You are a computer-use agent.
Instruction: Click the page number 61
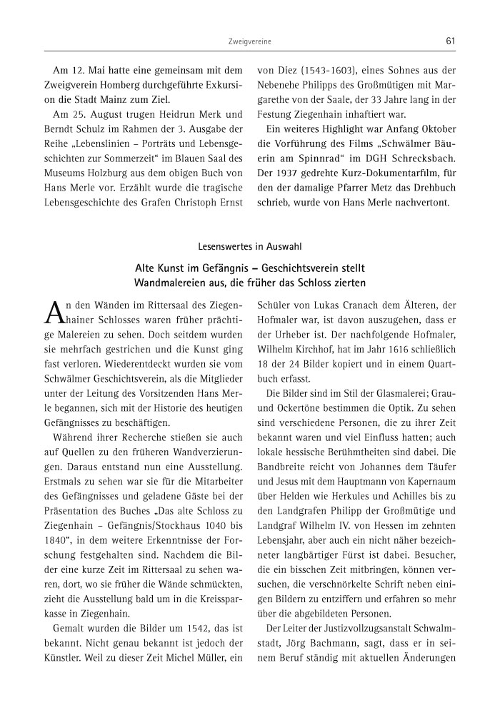pyautogui.click(x=450, y=41)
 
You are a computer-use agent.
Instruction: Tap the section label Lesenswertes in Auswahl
pyautogui.click(x=250, y=247)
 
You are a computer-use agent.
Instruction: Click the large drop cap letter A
pyautogui.click(x=56, y=311)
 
